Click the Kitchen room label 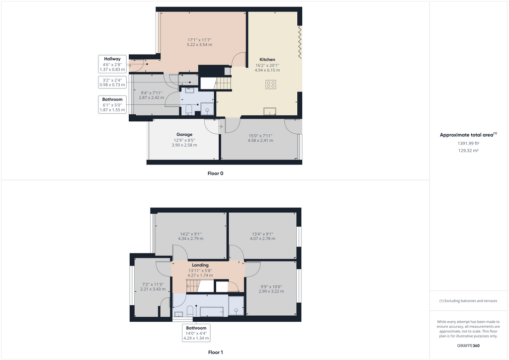(267, 59)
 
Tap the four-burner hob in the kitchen (271, 85)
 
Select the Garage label (184, 134)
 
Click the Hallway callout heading (112, 59)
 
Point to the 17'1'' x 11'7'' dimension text (200, 40)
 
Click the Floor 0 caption (216, 174)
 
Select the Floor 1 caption (216, 352)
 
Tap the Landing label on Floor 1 (200, 265)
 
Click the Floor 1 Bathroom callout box (196, 333)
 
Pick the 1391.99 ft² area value (468, 143)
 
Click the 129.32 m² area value (468, 151)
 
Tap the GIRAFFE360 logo (468, 346)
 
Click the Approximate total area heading (468, 135)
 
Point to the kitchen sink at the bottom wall (270, 111)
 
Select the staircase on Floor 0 (222, 83)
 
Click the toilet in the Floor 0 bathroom (189, 109)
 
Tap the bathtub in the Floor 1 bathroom (212, 311)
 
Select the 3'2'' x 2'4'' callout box (112, 83)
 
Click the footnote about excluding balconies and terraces (468, 301)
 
